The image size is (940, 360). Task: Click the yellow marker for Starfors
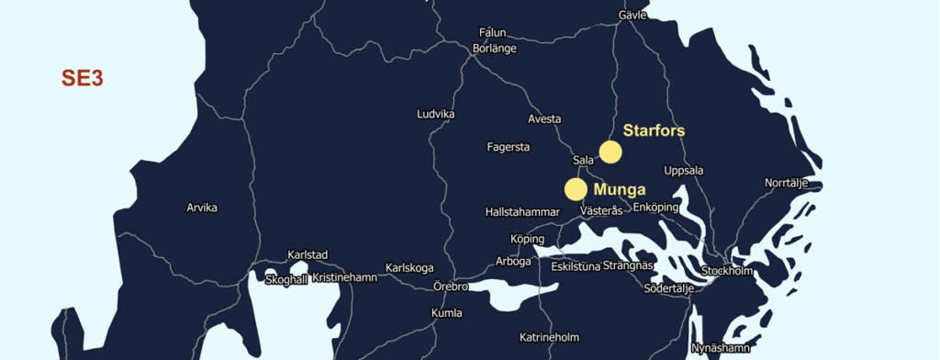(610, 152)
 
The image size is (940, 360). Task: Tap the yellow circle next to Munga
(576, 189)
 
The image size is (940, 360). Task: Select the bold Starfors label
(654, 130)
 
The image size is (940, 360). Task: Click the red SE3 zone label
(82, 78)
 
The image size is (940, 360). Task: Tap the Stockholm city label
(727, 271)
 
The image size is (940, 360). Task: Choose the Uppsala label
(683, 171)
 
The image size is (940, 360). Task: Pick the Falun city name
(493, 32)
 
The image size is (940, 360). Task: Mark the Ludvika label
(436, 115)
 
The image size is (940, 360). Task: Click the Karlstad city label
(308, 254)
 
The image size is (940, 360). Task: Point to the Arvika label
(202, 208)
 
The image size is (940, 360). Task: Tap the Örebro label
(451, 287)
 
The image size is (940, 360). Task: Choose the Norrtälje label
(787, 183)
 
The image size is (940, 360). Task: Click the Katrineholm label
(550, 337)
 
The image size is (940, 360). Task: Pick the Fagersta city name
(509, 147)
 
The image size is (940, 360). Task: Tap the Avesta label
(544, 119)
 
